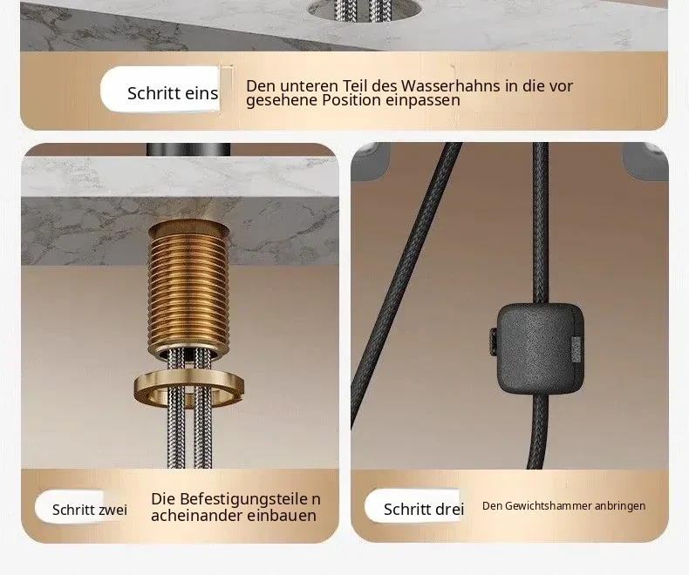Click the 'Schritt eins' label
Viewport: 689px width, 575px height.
pos(173,93)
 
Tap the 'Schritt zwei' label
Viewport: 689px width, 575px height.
pos(90,510)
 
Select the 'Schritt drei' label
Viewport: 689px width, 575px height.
pos(424,509)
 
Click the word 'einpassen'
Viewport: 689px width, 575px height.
pos(423,100)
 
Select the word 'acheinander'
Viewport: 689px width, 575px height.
pos(196,515)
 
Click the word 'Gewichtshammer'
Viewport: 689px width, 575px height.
pos(549,506)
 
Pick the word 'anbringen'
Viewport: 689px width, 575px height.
pos(620,506)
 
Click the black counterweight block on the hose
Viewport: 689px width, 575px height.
pos(541,348)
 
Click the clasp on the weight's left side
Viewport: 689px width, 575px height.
pos(493,338)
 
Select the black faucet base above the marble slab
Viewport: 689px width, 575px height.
pos(188,149)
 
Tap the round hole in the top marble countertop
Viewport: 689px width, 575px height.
pos(365,10)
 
